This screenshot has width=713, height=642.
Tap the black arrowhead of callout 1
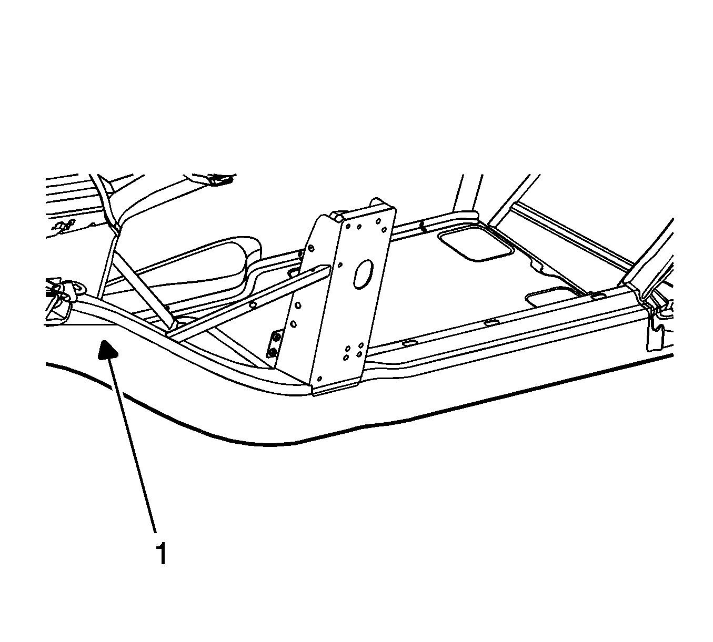[x=107, y=351]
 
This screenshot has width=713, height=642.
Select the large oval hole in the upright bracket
[x=363, y=274]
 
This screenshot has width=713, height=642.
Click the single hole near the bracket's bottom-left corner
[x=319, y=379]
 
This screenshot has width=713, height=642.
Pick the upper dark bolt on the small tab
[x=275, y=338]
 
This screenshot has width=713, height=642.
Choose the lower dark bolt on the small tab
[x=272, y=352]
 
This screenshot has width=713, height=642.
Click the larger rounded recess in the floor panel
[x=476, y=246]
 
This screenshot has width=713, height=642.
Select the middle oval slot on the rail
[x=490, y=323]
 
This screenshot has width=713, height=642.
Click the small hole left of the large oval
[x=340, y=264]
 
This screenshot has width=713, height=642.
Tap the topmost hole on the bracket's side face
[x=311, y=248]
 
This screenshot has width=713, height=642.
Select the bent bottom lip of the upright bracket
[x=336, y=389]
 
